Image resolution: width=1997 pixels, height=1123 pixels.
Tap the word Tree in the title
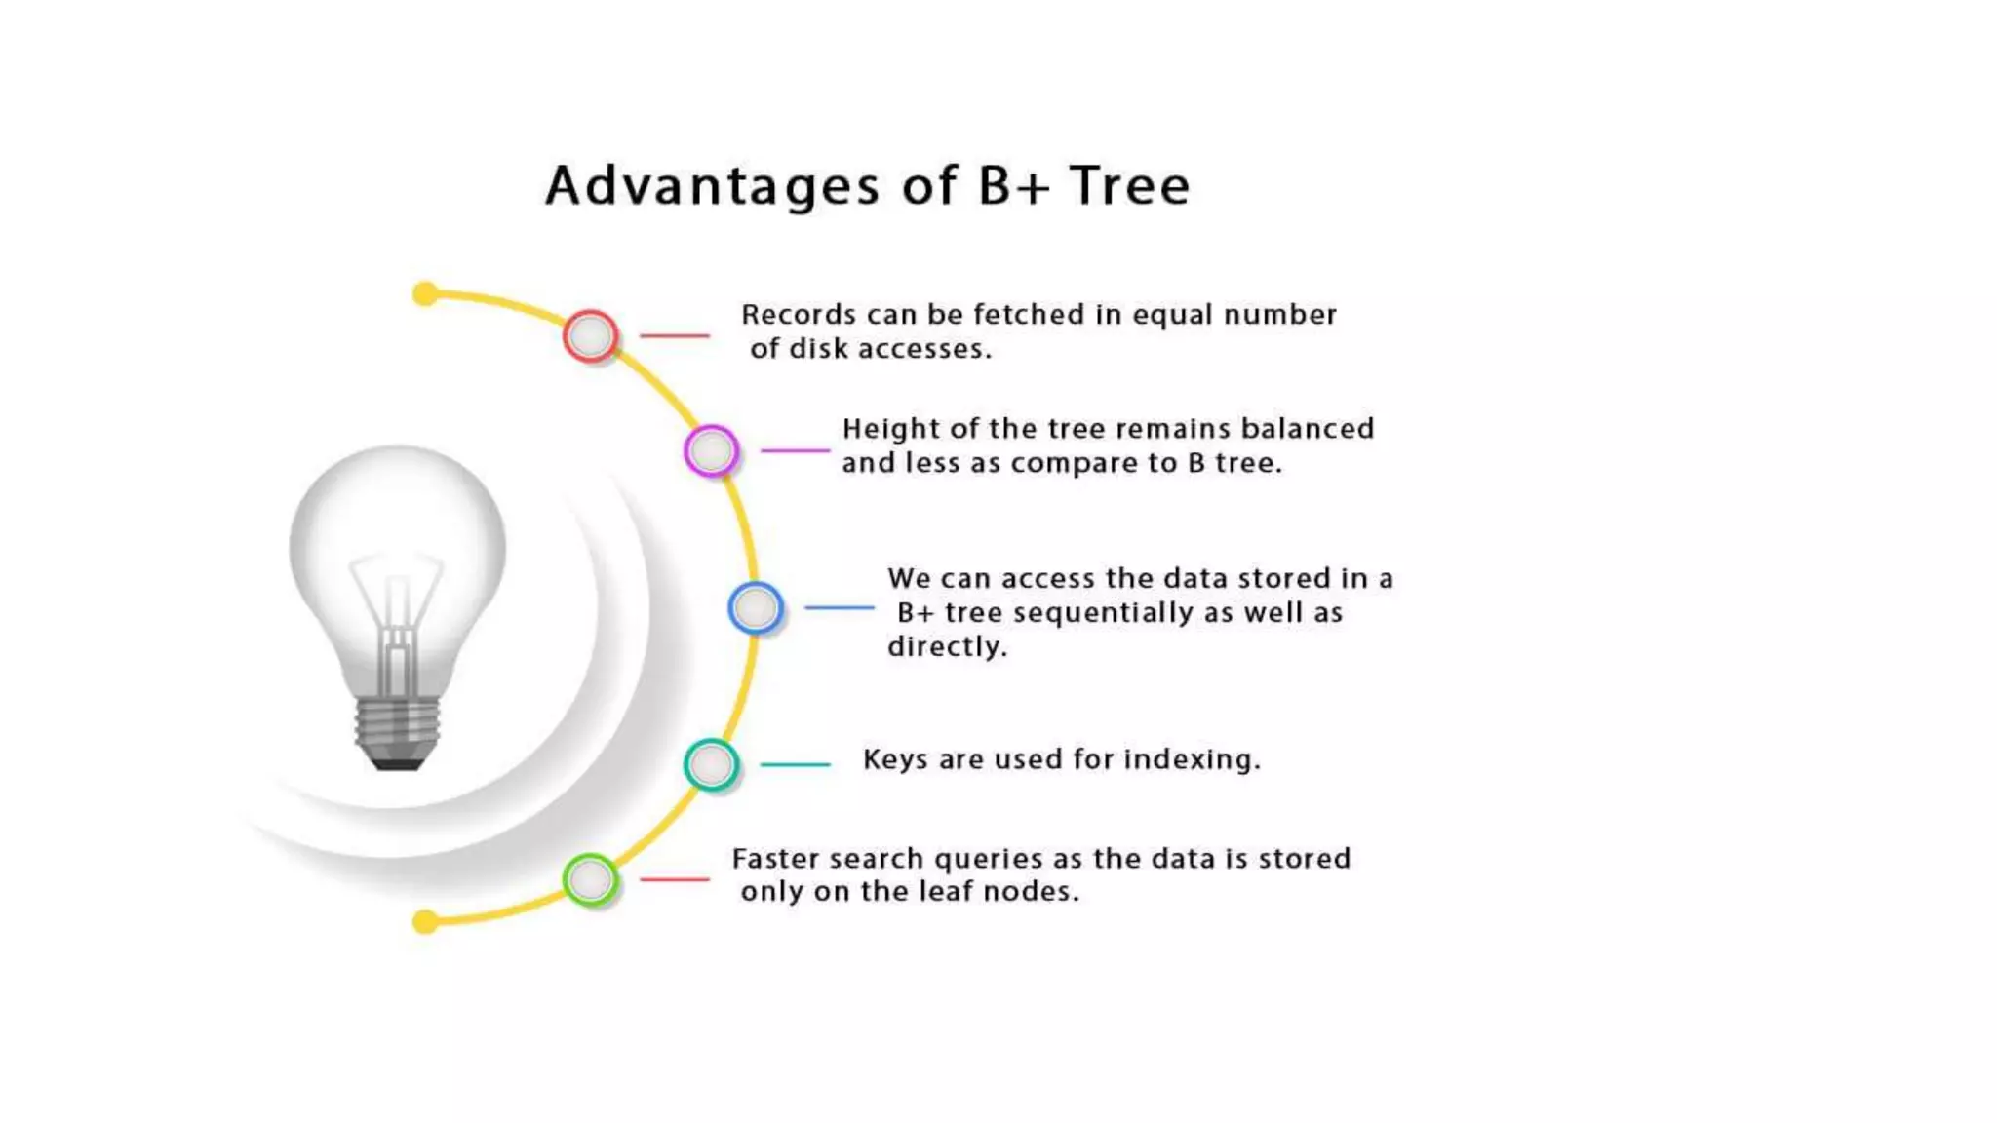point(1129,185)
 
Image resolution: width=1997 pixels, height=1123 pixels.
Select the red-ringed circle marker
point(590,336)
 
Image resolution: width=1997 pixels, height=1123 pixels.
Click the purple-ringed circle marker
point(711,450)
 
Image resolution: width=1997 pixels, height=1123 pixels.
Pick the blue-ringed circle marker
point(755,608)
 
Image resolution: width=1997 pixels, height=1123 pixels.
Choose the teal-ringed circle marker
point(711,765)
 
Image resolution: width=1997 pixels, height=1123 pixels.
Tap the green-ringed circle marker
point(590,879)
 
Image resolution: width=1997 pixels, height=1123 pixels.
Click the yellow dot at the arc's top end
point(425,293)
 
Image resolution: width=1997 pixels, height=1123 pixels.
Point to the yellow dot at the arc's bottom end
point(425,921)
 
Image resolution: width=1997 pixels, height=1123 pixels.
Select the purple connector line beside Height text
point(795,450)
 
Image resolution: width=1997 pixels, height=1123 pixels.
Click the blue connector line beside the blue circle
point(839,608)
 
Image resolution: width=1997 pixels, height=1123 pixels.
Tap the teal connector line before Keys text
point(795,765)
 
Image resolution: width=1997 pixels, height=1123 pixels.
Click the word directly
point(946,647)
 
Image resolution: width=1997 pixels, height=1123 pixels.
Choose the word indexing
point(1192,759)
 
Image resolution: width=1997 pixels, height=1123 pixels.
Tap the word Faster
point(778,859)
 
